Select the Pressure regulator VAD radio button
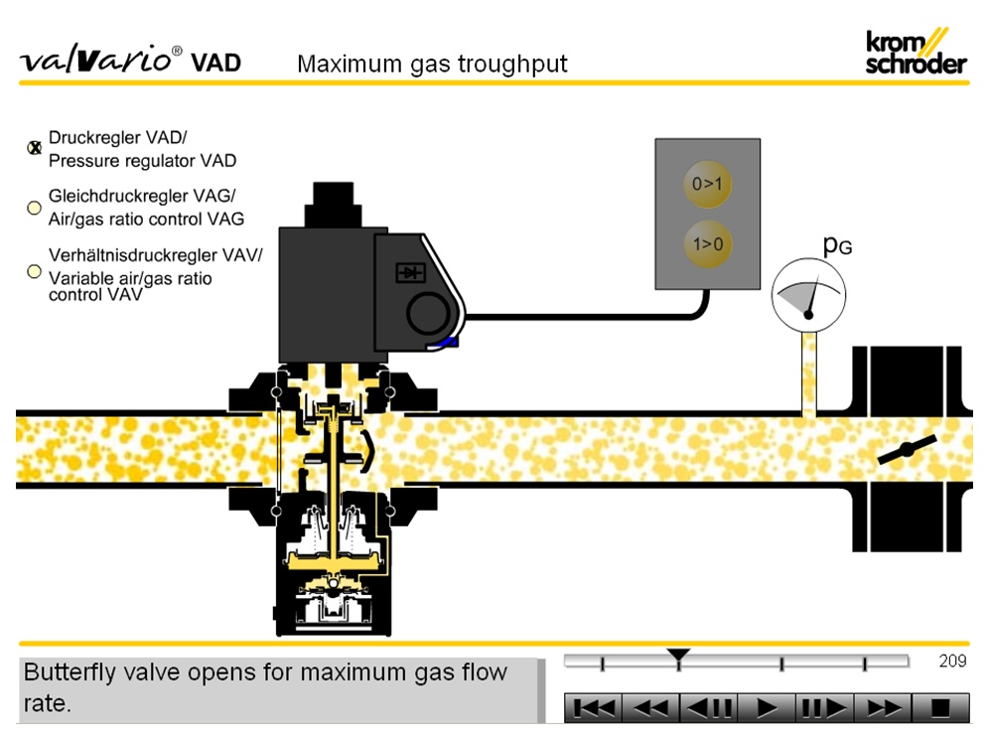tap(34, 148)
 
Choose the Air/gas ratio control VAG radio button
tap(34, 209)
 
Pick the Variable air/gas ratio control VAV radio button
tap(34, 270)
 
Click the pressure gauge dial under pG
tap(808, 294)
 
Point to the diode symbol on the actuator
tap(409, 271)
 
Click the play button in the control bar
tap(766, 708)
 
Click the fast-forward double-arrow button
tap(882, 708)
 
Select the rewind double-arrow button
tap(652, 708)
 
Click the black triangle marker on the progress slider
tap(678, 656)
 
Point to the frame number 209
tap(952, 662)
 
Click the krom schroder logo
tap(915, 52)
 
